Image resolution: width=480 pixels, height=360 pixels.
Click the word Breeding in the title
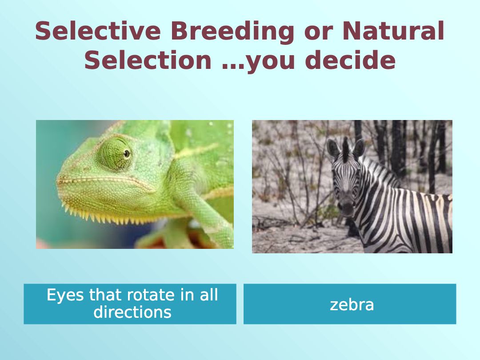pos(232,32)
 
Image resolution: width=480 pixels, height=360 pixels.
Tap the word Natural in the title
pos(393,31)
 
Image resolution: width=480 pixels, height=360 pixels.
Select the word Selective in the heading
pos(98,31)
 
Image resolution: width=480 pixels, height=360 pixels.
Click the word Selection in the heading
pos(148,60)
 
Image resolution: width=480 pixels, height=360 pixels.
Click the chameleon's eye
pos(126,153)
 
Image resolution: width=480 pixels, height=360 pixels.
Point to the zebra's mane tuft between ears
pos(346,149)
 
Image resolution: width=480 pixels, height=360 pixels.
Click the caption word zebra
pos(352,304)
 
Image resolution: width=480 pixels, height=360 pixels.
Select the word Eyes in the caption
pos(65,296)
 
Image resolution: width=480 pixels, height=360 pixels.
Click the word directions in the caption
pos(132,312)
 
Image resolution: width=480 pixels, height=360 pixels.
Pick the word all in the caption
pos(209,295)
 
